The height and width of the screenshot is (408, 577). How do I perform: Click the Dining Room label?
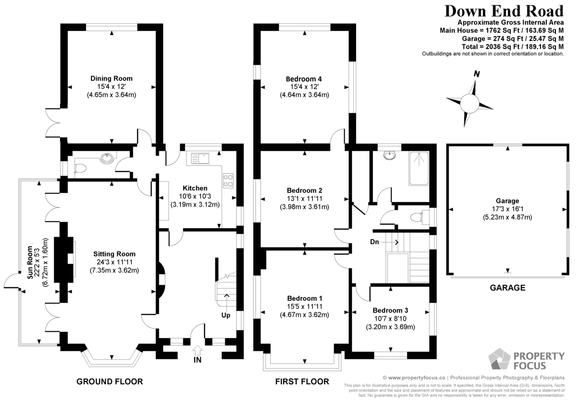click(x=111, y=78)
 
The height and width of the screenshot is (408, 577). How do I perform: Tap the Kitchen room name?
click(x=195, y=188)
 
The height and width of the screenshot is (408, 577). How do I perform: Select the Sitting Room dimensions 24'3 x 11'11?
click(x=114, y=262)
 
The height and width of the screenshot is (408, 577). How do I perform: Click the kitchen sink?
click(x=200, y=158)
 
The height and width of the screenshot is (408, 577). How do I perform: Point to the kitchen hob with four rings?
click(x=228, y=181)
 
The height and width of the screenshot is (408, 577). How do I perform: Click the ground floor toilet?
click(x=80, y=169)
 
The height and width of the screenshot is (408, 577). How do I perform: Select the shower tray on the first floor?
click(x=419, y=168)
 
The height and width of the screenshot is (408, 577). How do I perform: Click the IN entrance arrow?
click(x=198, y=351)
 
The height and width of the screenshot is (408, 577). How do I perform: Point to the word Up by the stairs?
click(x=226, y=316)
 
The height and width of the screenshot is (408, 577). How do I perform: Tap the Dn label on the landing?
click(x=375, y=242)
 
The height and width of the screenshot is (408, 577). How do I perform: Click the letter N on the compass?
click(x=477, y=74)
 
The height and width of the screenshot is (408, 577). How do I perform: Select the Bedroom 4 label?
click(x=304, y=79)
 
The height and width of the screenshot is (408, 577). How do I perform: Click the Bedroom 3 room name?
click(x=390, y=310)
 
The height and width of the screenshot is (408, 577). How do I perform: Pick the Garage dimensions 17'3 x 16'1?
click(x=507, y=209)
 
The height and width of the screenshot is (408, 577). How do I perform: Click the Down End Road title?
click(x=504, y=11)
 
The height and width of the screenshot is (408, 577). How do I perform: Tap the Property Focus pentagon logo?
click(x=500, y=359)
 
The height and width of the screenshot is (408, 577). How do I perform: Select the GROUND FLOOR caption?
click(x=110, y=382)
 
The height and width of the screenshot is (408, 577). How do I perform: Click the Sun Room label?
click(x=30, y=263)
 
